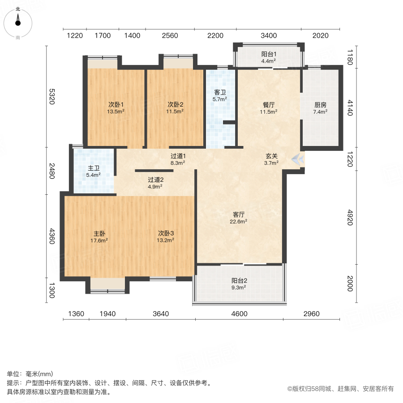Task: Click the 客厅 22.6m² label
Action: [239, 217]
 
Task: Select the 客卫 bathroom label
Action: [220, 95]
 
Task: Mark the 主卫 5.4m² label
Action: [94, 171]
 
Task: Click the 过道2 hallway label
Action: [155, 183]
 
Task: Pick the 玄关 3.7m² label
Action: [272, 159]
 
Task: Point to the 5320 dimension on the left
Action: [52, 96]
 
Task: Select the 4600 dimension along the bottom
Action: [239, 314]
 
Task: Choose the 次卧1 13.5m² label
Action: [116, 108]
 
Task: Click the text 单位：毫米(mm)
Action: [30, 374]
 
